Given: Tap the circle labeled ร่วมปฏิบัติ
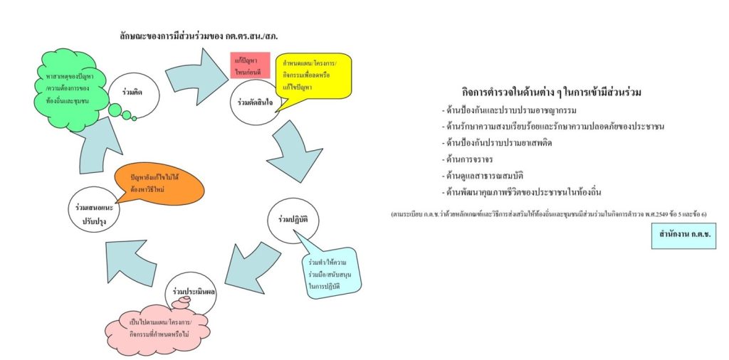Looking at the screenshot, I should click(x=293, y=220).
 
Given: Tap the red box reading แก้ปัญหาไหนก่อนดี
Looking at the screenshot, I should click(x=249, y=67).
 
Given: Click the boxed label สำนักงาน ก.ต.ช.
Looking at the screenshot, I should click(x=683, y=235).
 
